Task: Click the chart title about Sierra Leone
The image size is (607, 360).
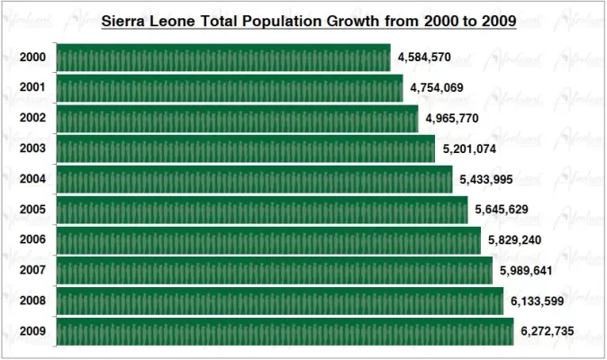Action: [308, 20]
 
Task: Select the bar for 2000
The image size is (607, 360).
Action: [223, 58]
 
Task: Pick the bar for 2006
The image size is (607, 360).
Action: [268, 240]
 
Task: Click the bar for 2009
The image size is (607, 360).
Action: [285, 331]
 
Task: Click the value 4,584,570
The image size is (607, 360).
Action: [424, 58]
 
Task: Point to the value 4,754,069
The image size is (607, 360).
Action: [437, 88]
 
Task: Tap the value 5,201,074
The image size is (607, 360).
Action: [469, 149]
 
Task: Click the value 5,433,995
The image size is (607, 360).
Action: [485, 179]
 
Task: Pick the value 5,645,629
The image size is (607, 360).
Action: [502, 210]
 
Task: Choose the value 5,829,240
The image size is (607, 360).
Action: [514, 240]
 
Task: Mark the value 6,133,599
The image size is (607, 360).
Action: [538, 301]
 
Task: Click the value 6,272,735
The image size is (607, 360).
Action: [548, 331]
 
